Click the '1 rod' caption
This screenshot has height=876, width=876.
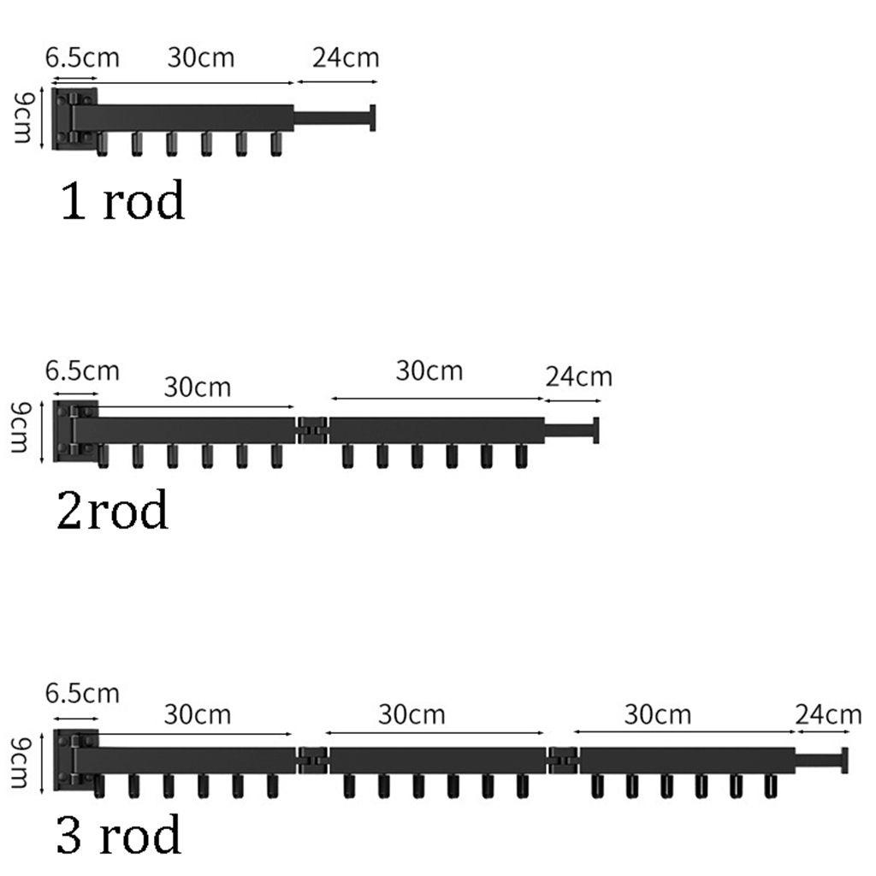click(x=122, y=203)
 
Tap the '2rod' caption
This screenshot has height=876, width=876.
click(x=112, y=511)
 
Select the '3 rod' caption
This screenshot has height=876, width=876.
click(x=119, y=835)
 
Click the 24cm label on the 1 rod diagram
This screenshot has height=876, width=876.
click(x=345, y=58)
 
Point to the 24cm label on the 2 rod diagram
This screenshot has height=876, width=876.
click(x=578, y=376)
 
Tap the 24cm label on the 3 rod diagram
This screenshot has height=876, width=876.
click(x=827, y=713)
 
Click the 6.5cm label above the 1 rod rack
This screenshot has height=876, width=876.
click(x=82, y=58)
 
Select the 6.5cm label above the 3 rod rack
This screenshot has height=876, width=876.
click(x=82, y=692)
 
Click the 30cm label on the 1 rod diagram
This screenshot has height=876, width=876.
click(x=200, y=58)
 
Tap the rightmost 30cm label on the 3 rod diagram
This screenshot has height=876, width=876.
click(x=657, y=713)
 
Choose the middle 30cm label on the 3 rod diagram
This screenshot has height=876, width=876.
click(x=411, y=713)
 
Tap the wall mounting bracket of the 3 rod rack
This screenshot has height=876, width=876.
click(x=74, y=758)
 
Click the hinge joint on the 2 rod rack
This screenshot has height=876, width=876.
click(x=312, y=429)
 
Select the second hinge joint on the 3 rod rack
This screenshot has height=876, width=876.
click(x=562, y=758)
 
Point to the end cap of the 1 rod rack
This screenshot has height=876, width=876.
click(x=373, y=118)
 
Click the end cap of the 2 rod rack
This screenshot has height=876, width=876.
click(x=595, y=430)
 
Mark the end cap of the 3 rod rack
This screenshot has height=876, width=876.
click(x=844, y=760)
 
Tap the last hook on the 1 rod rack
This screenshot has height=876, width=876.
click(x=275, y=145)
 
